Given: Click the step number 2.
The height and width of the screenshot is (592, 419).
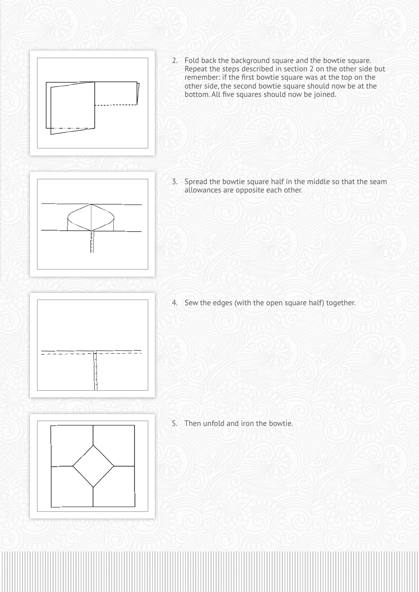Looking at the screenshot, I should [174, 61].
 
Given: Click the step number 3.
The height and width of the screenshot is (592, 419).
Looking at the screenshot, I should [174, 182].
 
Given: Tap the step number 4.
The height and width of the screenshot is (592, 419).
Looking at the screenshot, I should [174, 303].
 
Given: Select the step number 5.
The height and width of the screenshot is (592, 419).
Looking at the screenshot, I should [174, 424].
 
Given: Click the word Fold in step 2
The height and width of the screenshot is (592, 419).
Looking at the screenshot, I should [191, 61].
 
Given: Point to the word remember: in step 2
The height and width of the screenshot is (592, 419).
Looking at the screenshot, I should [200, 78].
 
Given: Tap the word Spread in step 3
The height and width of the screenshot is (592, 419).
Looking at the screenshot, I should [196, 182].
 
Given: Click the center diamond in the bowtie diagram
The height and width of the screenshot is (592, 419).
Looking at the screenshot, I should [93, 466].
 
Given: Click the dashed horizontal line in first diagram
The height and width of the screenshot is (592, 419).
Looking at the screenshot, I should [116, 105].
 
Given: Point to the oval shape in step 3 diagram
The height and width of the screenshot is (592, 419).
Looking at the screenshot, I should [91, 217].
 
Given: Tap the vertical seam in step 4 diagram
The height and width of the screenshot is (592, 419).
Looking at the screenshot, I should [95, 370].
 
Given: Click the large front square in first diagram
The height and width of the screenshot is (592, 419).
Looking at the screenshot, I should [73, 108].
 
